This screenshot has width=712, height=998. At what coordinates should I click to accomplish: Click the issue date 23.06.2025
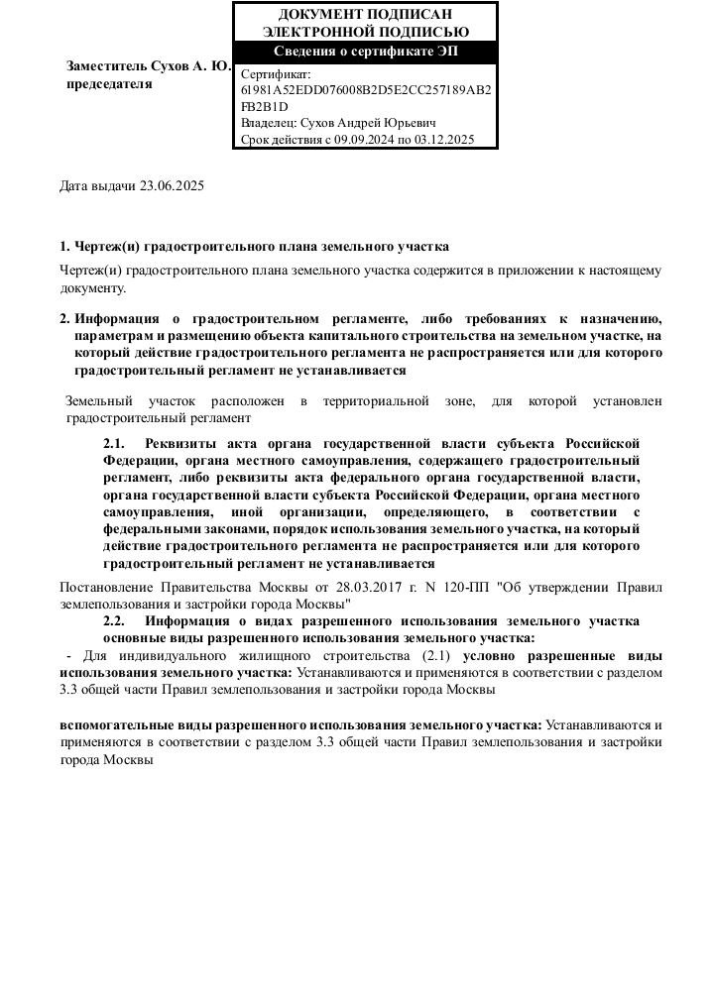pyautogui.click(x=172, y=185)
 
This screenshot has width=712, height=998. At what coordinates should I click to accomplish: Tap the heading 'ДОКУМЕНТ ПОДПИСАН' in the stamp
pyautogui.click(x=365, y=14)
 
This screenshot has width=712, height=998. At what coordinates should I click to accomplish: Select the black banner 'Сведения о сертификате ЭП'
pyautogui.click(x=365, y=52)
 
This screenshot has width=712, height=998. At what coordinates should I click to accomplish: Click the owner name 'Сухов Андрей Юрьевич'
pyautogui.click(x=369, y=123)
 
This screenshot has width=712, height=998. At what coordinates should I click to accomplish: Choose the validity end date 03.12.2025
pyautogui.click(x=445, y=140)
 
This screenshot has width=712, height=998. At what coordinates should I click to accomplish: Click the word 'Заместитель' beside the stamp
pyautogui.click(x=106, y=67)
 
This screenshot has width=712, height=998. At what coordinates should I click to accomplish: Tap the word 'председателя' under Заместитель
pyautogui.click(x=109, y=84)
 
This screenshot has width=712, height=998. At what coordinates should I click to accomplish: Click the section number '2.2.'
pyautogui.click(x=115, y=621)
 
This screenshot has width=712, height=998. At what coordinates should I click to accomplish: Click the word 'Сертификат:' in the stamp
pyautogui.click(x=276, y=73)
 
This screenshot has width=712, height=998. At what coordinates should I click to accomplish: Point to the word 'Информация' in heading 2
pyautogui.click(x=118, y=319)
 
